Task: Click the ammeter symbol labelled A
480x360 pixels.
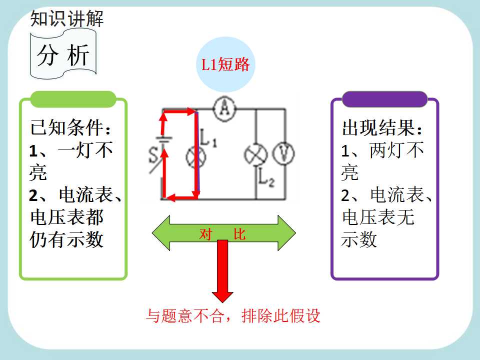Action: [x=225, y=108]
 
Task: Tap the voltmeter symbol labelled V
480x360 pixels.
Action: [x=283, y=153]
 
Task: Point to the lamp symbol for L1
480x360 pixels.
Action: [x=196, y=157]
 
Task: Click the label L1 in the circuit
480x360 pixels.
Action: [x=208, y=137]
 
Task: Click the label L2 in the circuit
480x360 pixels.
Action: [x=266, y=177]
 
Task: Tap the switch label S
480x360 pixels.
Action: [x=153, y=155]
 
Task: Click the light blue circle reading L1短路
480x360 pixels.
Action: [x=225, y=64]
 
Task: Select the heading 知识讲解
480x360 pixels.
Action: [x=67, y=18]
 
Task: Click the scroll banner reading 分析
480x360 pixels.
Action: [x=63, y=54]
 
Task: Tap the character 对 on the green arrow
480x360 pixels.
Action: [x=205, y=234]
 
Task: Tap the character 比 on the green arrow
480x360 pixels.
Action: [x=239, y=234]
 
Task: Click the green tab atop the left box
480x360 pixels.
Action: [x=73, y=99]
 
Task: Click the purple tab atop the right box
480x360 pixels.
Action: [x=384, y=99]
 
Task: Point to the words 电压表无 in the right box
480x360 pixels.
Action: [x=378, y=217]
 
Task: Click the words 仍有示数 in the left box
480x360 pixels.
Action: [x=66, y=239]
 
